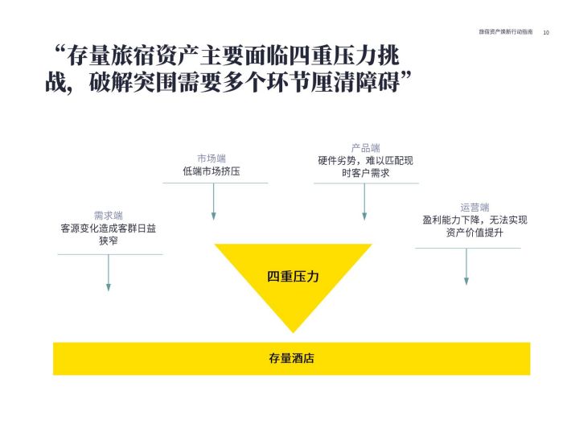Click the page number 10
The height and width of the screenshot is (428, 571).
click(x=546, y=32)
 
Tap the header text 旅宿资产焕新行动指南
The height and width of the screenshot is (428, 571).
click(x=505, y=32)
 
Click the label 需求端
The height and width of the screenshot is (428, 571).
click(x=108, y=216)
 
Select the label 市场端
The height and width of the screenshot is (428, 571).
click(x=212, y=158)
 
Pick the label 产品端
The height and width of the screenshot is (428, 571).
click(x=366, y=148)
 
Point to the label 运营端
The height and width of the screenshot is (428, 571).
click(x=474, y=208)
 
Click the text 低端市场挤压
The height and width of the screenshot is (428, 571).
click(x=212, y=171)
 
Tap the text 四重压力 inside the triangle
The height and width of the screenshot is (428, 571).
click(x=293, y=277)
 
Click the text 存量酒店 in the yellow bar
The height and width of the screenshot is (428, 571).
click(x=291, y=358)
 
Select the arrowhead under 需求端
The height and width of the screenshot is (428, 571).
click(x=108, y=287)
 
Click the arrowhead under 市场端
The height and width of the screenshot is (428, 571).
click(x=213, y=216)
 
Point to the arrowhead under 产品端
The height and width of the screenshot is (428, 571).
click(x=364, y=216)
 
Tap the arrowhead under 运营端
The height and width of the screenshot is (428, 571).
click(x=466, y=281)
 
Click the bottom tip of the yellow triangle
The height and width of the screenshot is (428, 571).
click(x=293, y=332)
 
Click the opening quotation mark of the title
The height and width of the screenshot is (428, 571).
click(x=60, y=50)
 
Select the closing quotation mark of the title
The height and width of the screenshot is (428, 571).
click(x=406, y=76)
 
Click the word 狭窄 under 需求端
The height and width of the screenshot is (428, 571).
click(x=108, y=241)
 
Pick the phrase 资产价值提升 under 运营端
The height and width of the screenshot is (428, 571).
click(x=474, y=233)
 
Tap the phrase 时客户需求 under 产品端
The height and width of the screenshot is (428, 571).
click(x=366, y=173)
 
